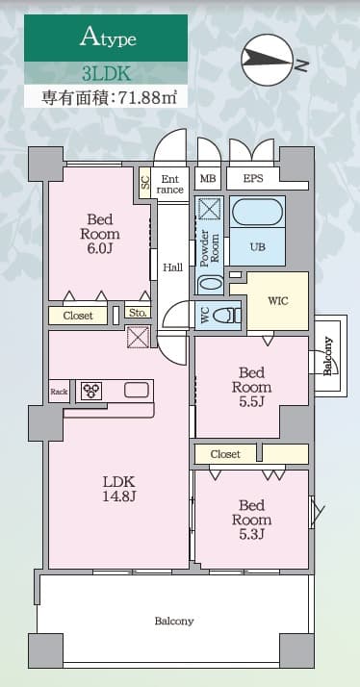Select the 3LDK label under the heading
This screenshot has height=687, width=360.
(x=106, y=72)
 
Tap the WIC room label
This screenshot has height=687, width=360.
(x=278, y=300)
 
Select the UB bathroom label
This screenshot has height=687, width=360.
(x=257, y=247)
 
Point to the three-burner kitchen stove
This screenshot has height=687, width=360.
(x=92, y=391)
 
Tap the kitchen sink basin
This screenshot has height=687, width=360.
(x=136, y=391)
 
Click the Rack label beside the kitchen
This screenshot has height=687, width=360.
(x=59, y=391)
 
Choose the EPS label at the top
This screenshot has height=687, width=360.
(x=253, y=179)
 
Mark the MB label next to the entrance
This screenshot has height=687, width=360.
(x=207, y=179)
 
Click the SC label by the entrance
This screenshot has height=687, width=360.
(x=145, y=181)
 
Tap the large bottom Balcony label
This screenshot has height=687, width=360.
(x=174, y=621)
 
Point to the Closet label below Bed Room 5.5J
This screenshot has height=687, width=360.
(x=224, y=453)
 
